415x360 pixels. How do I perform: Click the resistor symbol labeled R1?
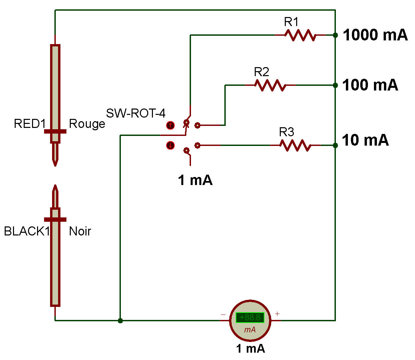point(300,35)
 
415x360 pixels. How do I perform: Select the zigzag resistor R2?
point(270,85)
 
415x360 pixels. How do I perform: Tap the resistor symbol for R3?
point(295,145)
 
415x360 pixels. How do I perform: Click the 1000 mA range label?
point(375,35)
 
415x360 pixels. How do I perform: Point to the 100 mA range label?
point(370,85)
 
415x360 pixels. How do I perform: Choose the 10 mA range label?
point(365,140)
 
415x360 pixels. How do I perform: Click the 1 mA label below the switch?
point(195,180)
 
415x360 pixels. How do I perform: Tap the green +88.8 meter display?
point(250,317)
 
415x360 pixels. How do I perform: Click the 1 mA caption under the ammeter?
point(250,349)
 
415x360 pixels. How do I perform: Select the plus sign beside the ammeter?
point(277,314)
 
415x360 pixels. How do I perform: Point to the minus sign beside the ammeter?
point(223,315)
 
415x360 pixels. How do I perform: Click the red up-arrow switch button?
point(170,126)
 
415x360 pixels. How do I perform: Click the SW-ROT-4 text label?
point(136,114)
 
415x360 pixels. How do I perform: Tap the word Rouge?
point(87,124)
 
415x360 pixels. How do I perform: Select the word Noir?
point(80,231)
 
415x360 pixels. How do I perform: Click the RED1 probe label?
point(29,124)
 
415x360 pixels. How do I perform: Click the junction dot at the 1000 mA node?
point(335,35)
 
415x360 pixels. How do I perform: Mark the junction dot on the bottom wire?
point(120,321)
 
